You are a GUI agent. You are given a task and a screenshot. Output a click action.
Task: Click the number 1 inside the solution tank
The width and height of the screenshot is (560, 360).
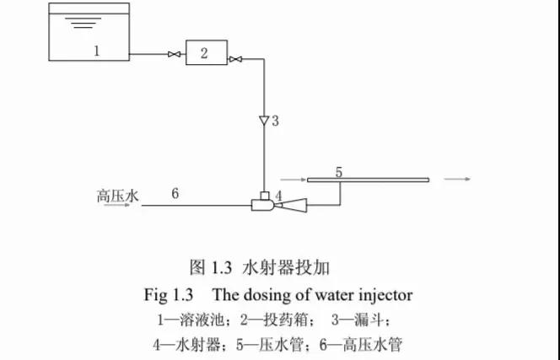96,51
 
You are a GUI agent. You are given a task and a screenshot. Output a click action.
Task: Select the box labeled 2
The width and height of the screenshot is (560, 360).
207,52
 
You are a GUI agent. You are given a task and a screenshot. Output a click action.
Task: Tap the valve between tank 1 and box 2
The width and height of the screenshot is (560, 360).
175,54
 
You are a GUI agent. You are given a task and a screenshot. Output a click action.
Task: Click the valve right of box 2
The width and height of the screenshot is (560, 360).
235,59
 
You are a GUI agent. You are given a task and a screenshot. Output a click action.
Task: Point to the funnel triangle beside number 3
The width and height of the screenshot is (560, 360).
264,121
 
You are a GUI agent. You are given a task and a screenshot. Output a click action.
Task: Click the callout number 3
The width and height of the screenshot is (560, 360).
275,121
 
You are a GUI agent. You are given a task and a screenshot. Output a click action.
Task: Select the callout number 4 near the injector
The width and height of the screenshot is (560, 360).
278,196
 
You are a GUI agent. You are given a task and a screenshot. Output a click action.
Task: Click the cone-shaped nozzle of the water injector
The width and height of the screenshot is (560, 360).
292,205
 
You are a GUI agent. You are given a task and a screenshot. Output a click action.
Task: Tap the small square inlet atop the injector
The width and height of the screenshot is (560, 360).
265,196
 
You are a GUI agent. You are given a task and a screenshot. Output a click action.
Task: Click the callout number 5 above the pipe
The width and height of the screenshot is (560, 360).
339,172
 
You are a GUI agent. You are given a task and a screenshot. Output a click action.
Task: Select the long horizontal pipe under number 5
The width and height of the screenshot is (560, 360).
369,180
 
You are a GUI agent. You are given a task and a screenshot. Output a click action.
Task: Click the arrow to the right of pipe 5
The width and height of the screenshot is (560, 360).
457,179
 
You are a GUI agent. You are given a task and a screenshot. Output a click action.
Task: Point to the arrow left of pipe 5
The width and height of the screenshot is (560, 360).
293,180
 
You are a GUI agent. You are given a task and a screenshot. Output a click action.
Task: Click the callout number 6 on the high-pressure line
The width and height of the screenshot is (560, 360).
175,193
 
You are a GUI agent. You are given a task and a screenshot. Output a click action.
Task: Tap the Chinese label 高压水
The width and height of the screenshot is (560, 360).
117,196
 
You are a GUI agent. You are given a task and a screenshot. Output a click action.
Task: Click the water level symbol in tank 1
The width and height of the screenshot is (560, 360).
83,23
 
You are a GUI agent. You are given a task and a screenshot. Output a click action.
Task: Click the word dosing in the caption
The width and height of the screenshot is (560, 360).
266,296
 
